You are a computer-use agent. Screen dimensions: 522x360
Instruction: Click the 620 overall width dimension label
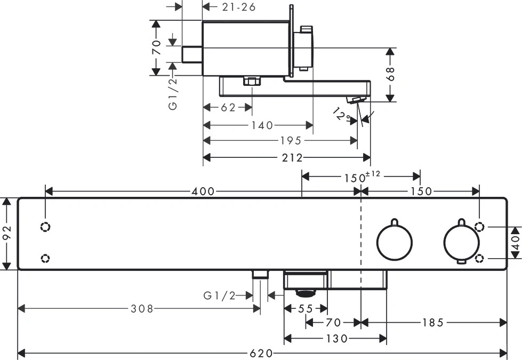click(261, 353)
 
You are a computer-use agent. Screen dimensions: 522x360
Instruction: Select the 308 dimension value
click(142, 309)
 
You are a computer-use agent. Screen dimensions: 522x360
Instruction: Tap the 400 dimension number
click(203, 191)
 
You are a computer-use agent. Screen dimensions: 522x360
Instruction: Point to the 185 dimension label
click(433, 322)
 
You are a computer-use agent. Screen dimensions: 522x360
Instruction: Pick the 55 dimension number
click(306, 309)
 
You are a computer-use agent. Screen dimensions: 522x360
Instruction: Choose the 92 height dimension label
click(7, 233)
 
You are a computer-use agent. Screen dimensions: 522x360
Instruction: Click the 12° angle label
click(342, 115)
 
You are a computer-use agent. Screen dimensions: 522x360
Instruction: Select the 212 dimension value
click(292, 157)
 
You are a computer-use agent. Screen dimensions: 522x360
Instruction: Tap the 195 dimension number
click(291, 141)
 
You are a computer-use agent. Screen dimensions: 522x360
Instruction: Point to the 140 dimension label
click(262, 125)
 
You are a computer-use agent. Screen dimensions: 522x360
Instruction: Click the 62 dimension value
click(228, 108)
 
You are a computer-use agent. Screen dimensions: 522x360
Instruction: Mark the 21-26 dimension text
click(239, 7)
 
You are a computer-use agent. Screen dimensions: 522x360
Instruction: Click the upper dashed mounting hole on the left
click(45, 227)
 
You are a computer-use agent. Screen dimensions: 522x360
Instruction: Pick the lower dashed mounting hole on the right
click(479, 258)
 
